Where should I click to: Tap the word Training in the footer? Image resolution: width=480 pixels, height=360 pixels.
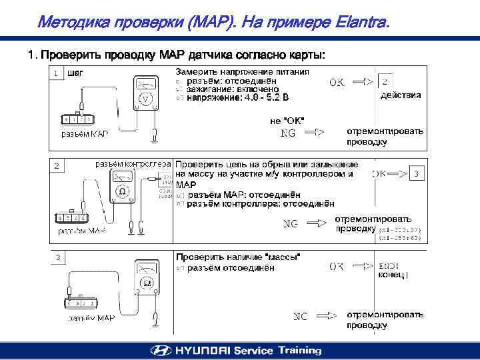[x=300, y=350]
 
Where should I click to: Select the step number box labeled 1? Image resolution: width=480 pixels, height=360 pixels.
[x=58, y=73]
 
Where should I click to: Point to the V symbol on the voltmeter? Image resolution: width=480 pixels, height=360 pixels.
[x=144, y=99]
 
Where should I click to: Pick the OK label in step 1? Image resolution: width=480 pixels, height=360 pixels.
[x=337, y=83]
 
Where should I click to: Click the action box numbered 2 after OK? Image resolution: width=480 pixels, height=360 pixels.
[x=385, y=81]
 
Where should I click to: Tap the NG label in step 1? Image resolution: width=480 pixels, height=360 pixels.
[x=288, y=133]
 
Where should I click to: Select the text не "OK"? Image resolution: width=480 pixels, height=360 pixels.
[x=287, y=121]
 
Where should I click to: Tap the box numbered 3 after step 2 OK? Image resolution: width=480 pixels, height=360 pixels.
[x=416, y=174]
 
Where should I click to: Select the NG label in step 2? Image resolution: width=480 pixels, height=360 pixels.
[x=291, y=224]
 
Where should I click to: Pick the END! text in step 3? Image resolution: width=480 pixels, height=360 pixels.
[x=388, y=265]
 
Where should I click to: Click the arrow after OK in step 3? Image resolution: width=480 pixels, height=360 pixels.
[x=361, y=266]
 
